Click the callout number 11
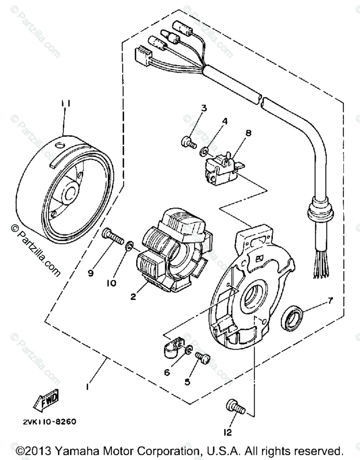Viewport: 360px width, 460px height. (64, 104)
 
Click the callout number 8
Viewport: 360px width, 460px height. (248, 133)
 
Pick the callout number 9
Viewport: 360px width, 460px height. (91, 273)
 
